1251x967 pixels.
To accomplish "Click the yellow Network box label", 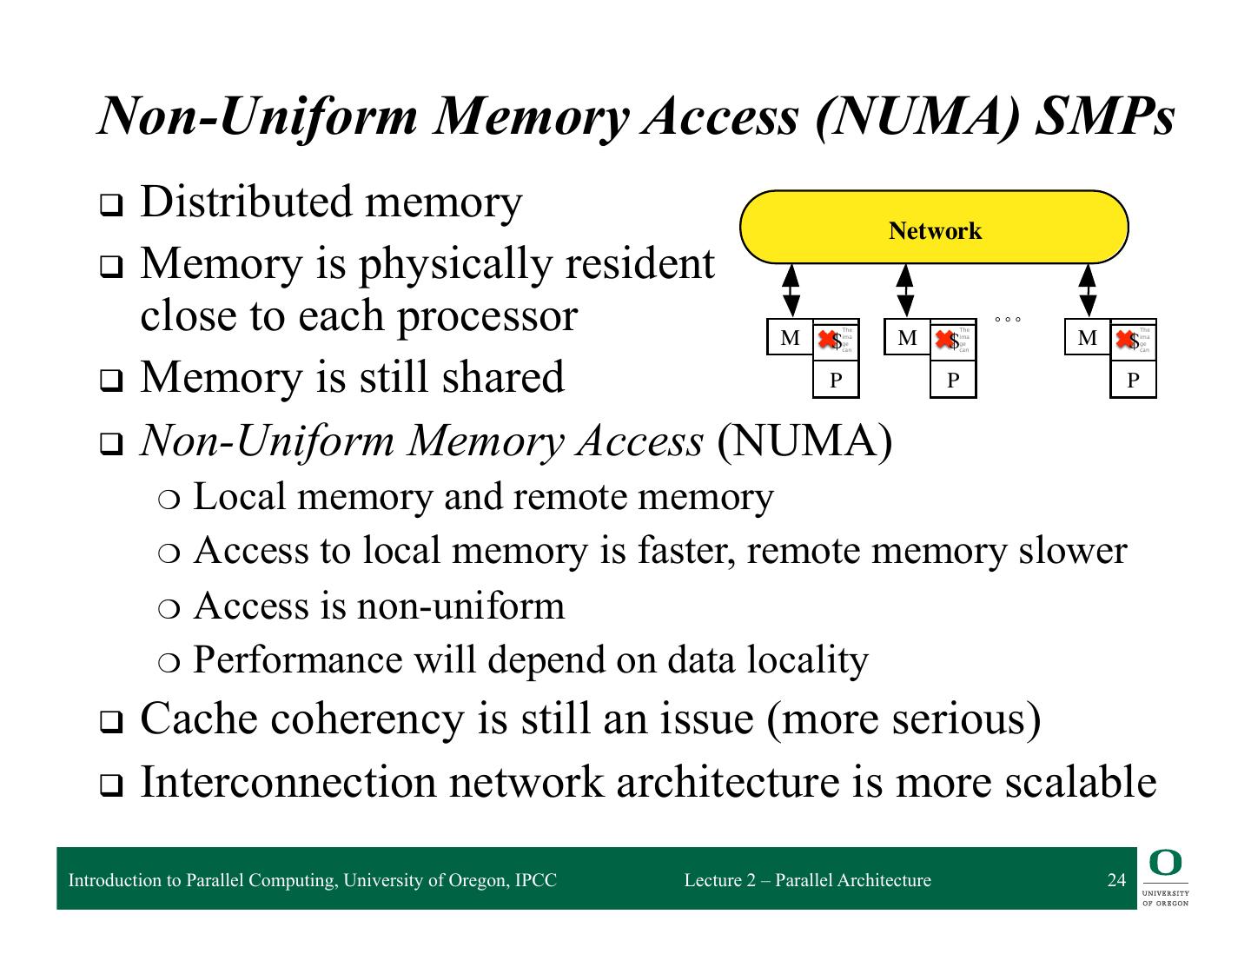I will [935, 231].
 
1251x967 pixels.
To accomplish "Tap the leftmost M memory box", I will [790, 338].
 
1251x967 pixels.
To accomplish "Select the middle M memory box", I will [907, 338].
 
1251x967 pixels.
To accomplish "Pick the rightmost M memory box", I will [1088, 338].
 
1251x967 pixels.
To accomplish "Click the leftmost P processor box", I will [836, 380].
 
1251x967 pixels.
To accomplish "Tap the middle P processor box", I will [953, 380].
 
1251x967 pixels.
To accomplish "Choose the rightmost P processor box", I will [1133, 380].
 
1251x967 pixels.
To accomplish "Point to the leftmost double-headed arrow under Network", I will [791, 290].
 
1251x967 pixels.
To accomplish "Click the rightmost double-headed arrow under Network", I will [1088, 290].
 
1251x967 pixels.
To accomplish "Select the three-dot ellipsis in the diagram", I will [1008, 321].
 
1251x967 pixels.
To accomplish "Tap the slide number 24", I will [1116, 880].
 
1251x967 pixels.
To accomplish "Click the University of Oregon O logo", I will [1166, 864].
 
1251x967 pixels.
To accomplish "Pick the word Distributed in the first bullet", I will [245, 202].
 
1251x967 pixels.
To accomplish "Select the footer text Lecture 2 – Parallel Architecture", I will [807, 880].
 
